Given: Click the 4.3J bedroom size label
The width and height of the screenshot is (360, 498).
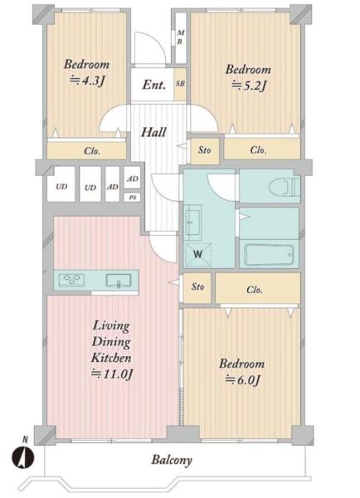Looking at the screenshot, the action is coord(87,81).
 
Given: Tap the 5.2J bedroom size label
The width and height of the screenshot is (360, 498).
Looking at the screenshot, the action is coord(249,85).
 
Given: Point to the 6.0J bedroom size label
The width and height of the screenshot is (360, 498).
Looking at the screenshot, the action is coord(242,379).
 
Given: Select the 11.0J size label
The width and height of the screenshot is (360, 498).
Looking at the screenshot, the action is coord(112,373).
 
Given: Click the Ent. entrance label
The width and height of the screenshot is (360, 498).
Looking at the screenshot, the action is coord(154,85).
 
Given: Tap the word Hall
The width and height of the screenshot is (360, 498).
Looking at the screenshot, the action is coord(153,132).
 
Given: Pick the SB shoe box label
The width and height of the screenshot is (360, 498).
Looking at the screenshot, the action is coord(180,84).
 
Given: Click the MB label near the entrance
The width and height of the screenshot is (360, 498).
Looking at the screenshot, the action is coord(181,37).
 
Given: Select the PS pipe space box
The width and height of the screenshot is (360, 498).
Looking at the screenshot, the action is coord(133,198).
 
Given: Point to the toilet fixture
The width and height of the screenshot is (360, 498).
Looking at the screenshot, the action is coord(285,187).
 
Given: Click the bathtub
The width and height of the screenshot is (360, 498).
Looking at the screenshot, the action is coord(270,255).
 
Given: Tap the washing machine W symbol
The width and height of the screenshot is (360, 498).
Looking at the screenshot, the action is coord(198,254).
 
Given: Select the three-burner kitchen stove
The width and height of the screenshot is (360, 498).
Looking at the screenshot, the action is coord(72,280).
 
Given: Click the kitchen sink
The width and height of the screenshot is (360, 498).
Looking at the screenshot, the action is coord(119,281).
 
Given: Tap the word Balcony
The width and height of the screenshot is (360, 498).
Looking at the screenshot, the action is coord(172,460).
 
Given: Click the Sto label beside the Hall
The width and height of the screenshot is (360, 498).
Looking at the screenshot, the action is coord(204,150).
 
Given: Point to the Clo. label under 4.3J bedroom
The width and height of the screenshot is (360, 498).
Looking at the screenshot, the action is coord(92,151).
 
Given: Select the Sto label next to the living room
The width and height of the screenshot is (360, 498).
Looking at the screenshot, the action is coord(197,287).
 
